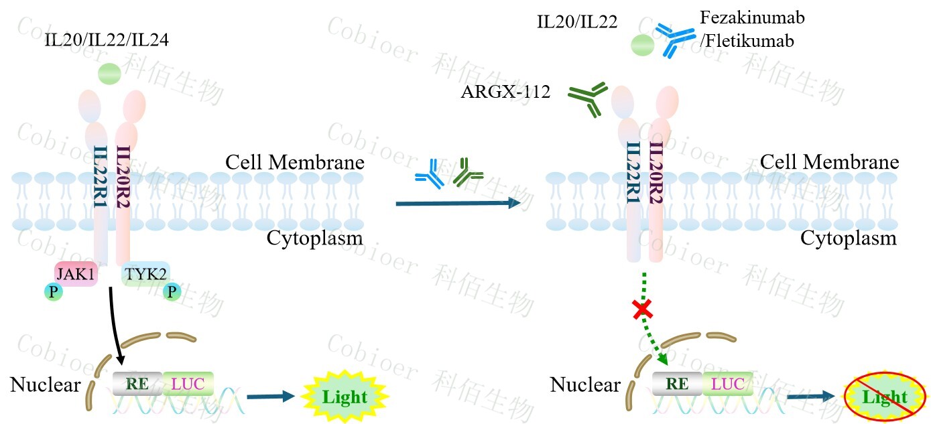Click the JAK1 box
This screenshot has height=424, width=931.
tap(76, 274)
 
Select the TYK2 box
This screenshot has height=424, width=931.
tap(145, 274)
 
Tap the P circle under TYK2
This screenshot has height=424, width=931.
tap(172, 292)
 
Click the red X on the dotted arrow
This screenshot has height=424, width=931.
tap(643, 309)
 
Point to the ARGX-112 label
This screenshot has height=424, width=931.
tap(505, 92)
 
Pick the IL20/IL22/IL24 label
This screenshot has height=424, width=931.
tap(107, 41)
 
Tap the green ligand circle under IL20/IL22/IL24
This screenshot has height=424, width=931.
tap(109, 72)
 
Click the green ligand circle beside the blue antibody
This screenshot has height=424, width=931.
tap(642, 46)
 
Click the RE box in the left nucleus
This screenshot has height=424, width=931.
tap(137, 384)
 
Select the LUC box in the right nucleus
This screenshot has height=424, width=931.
tap(727, 384)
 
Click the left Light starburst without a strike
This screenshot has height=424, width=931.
tap(345, 397)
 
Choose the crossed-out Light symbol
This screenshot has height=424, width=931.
tap(884, 397)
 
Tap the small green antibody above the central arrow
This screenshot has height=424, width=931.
tap(467, 173)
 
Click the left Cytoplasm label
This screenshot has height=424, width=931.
tap(314, 238)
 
